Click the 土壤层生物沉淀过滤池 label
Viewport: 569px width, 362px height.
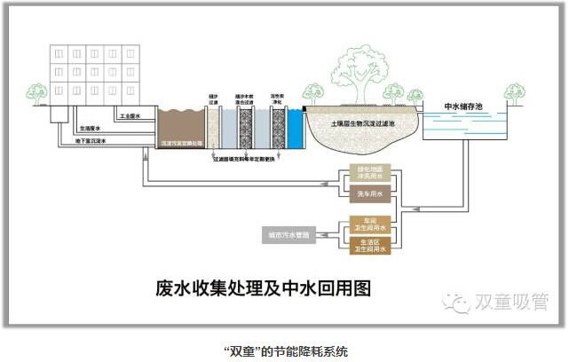point(361,125)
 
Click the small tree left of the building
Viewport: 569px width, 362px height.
point(36,91)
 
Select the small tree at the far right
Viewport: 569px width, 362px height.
point(515,92)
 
